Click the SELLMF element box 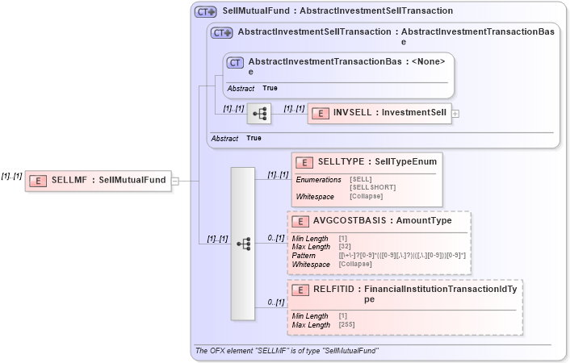tap(97, 181)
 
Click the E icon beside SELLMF tap(37, 181)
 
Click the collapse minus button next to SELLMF tap(175, 181)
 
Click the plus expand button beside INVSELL tap(455, 114)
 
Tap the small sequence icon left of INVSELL tap(259, 114)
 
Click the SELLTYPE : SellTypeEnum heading tap(376, 162)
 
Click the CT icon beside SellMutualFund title tap(206, 12)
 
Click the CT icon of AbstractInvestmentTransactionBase tap(235, 62)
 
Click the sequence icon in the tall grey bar tap(243, 243)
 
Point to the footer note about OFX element tap(287, 351)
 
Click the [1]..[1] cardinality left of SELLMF tap(11, 175)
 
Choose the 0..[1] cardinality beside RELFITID tap(276, 302)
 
